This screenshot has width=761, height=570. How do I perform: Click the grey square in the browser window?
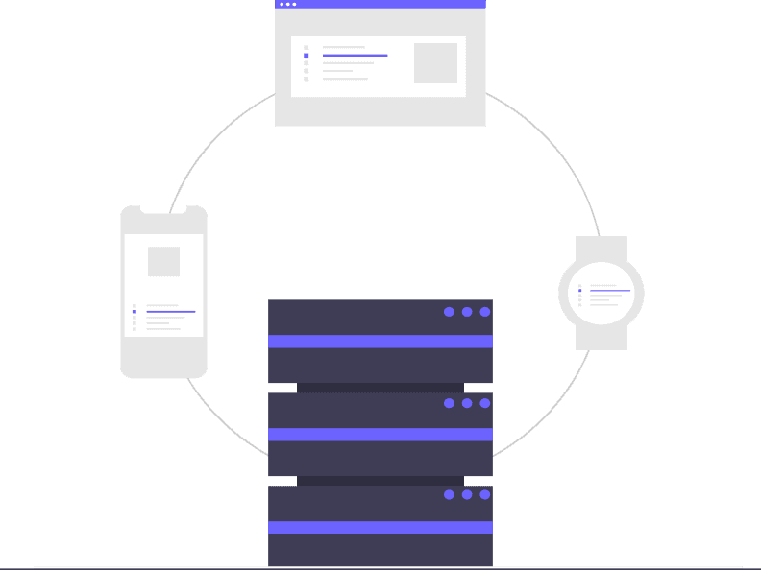point(435,63)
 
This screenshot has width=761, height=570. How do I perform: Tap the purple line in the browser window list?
point(355,56)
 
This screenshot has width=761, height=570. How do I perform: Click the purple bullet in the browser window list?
point(307,56)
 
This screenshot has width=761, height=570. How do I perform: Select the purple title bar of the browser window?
point(384,4)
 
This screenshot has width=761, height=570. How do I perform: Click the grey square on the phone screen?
point(163,261)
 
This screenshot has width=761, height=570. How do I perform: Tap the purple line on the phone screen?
point(170,312)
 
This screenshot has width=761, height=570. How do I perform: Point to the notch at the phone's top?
point(163,208)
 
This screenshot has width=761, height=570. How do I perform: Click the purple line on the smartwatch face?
point(609,290)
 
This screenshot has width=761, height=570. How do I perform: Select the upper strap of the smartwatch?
point(601,248)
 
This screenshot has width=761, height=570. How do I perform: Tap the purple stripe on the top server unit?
point(380,341)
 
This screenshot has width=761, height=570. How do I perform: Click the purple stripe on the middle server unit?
point(380,434)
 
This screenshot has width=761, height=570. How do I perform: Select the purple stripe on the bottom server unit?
point(380,527)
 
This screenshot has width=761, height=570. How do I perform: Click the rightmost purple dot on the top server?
point(485,312)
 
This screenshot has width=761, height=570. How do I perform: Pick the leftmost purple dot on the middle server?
point(449,403)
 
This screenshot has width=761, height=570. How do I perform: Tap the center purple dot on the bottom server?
point(467,494)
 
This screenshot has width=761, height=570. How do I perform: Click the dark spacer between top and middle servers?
point(380,388)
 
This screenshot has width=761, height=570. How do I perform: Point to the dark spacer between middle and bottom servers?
point(380,481)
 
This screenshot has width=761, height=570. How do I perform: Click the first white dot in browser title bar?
point(282,4)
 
